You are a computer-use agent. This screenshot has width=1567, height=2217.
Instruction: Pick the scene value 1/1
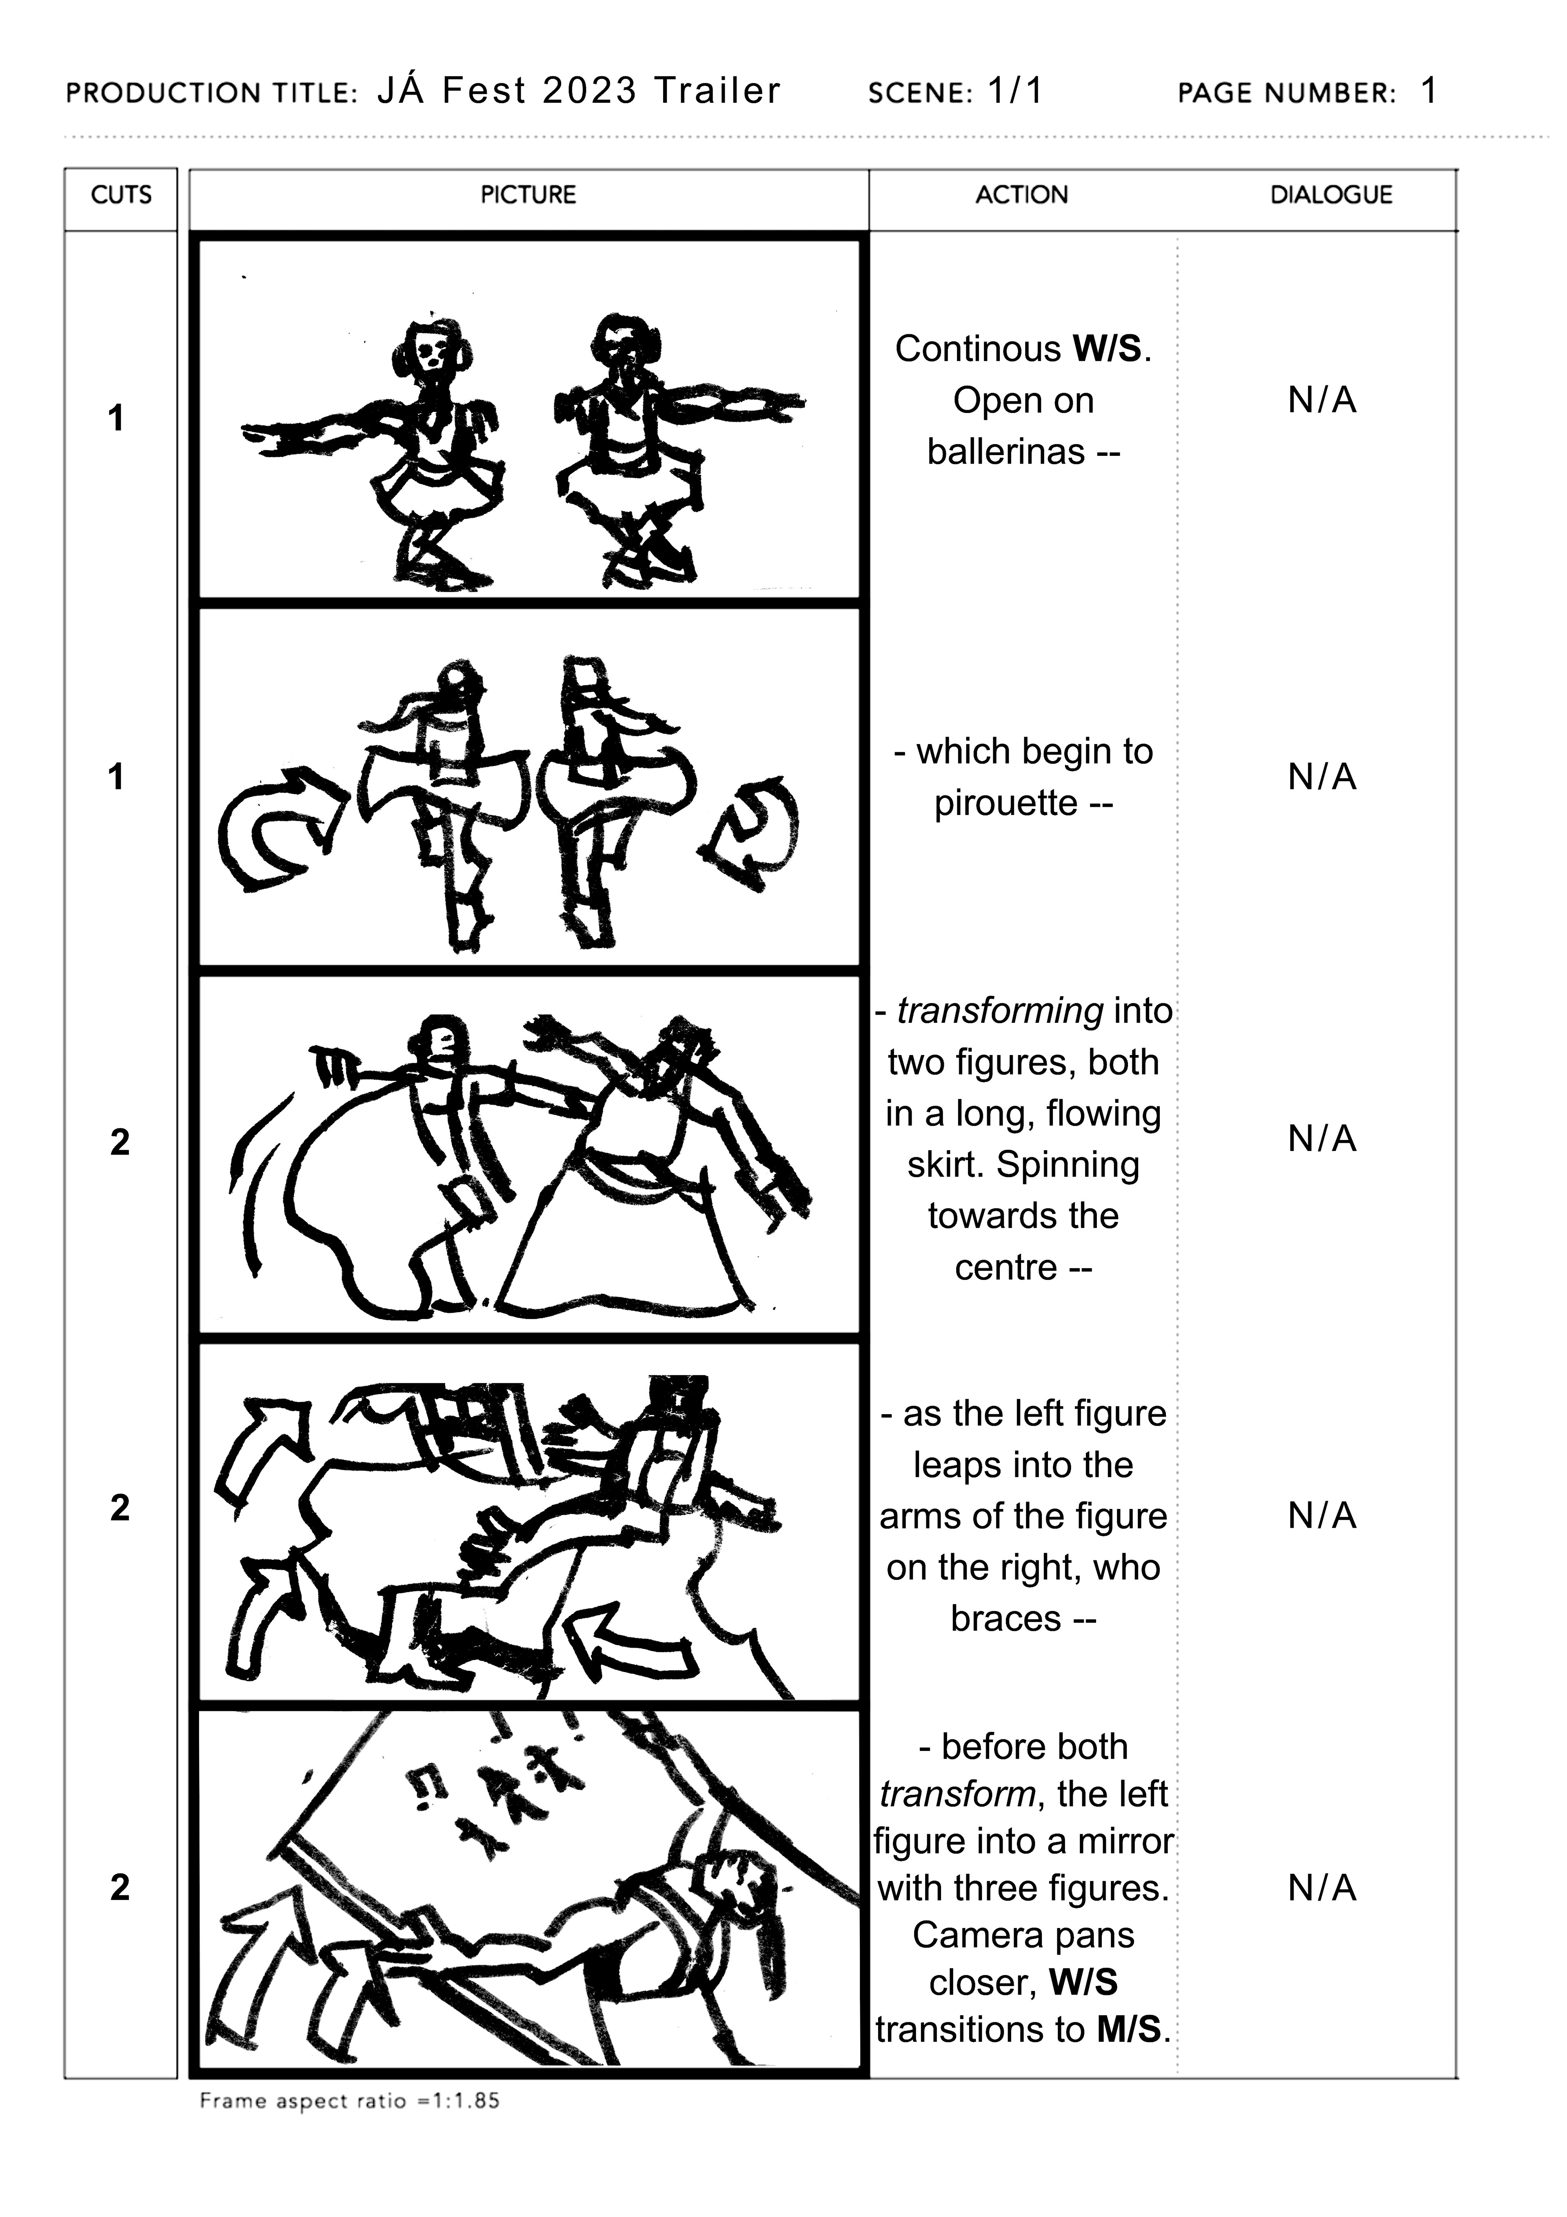point(1016,92)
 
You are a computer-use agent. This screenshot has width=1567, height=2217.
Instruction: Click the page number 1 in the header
point(1429,92)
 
